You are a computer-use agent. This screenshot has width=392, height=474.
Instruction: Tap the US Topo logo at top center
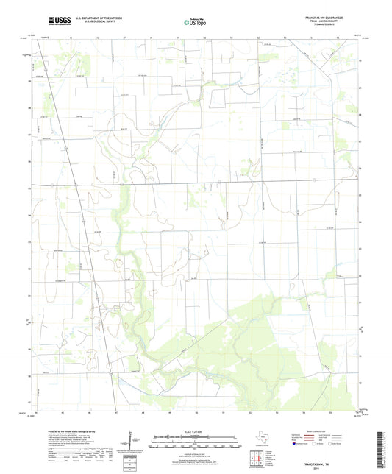click(x=194, y=23)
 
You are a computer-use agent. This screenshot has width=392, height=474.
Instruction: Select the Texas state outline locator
click(x=260, y=439)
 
